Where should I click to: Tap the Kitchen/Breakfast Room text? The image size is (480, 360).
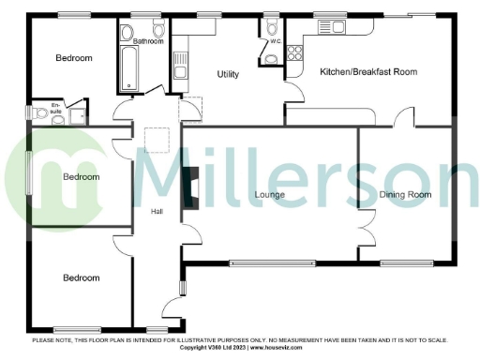[x=367, y=72]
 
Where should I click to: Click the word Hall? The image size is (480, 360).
[x=157, y=211]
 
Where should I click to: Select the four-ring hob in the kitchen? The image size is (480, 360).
[x=296, y=52]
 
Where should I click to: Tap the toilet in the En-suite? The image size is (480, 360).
[x=40, y=113]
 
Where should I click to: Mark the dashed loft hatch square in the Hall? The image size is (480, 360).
[x=157, y=140]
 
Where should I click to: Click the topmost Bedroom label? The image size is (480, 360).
[x=73, y=59]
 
